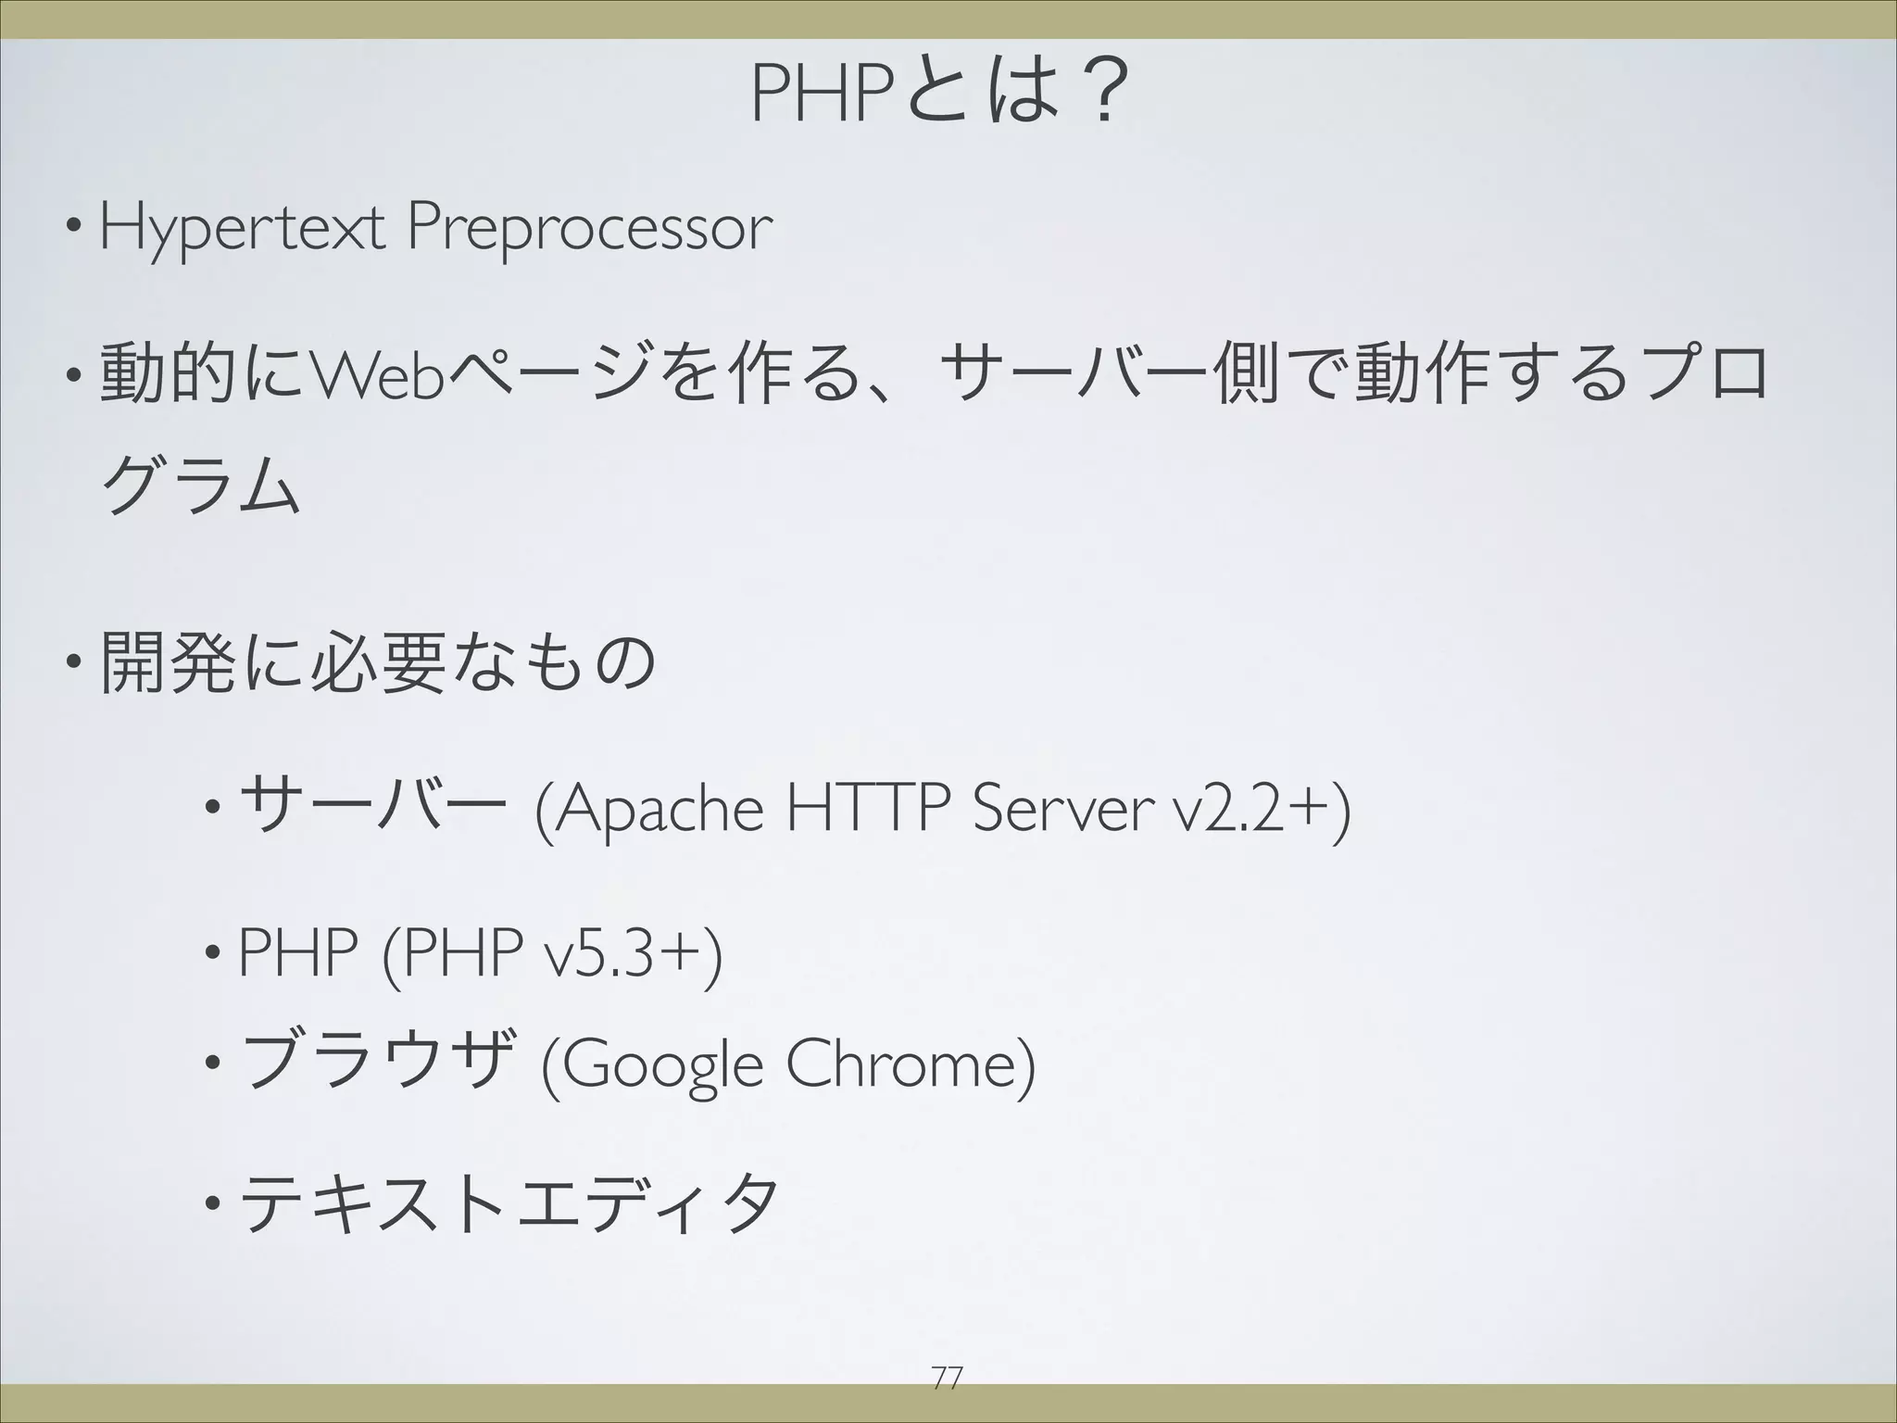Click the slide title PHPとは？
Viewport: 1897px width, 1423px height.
942,94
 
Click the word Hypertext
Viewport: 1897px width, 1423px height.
242,228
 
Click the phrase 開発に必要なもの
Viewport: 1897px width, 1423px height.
379,662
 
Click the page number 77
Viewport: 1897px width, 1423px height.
947,1379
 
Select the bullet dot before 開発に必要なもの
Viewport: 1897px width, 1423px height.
72,663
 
